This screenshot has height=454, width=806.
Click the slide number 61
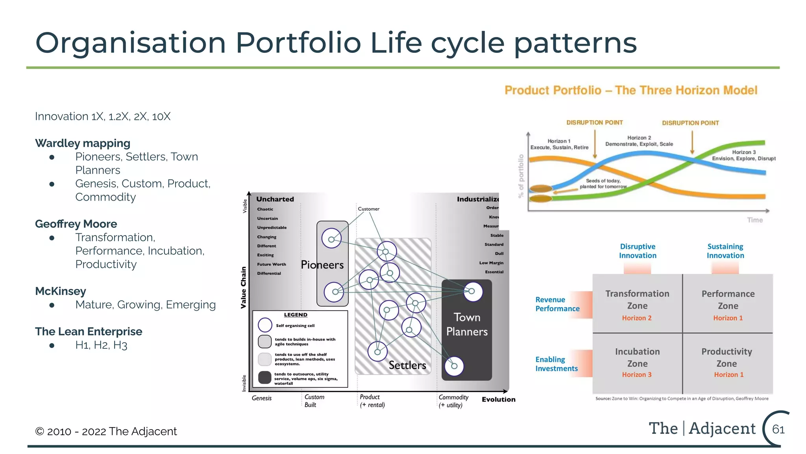click(778, 429)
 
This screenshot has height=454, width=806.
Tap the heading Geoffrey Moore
click(76, 224)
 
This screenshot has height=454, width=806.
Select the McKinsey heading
click(61, 291)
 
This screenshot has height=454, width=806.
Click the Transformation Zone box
click(637, 303)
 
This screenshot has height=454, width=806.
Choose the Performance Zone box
click(728, 303)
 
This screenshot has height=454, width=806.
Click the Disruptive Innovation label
click(638, 251)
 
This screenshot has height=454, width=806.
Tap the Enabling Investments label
click(556, 364)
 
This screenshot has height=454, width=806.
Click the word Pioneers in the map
click(322, 265)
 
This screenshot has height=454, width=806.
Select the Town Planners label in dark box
click(467, 324)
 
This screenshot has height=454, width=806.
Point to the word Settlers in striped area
click(407, 365)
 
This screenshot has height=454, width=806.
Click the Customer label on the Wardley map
click(369, 209)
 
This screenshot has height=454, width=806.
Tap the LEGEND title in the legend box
click(296, 315)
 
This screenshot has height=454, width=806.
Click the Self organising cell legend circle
click(265, 325)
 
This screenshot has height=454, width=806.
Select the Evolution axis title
click(498, 399)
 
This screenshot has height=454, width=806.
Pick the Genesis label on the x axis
click(262, 398)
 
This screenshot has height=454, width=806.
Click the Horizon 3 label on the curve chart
click(743, 153)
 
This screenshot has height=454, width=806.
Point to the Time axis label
click(755, 220)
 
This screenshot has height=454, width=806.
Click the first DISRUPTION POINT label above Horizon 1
click(594, 123)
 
